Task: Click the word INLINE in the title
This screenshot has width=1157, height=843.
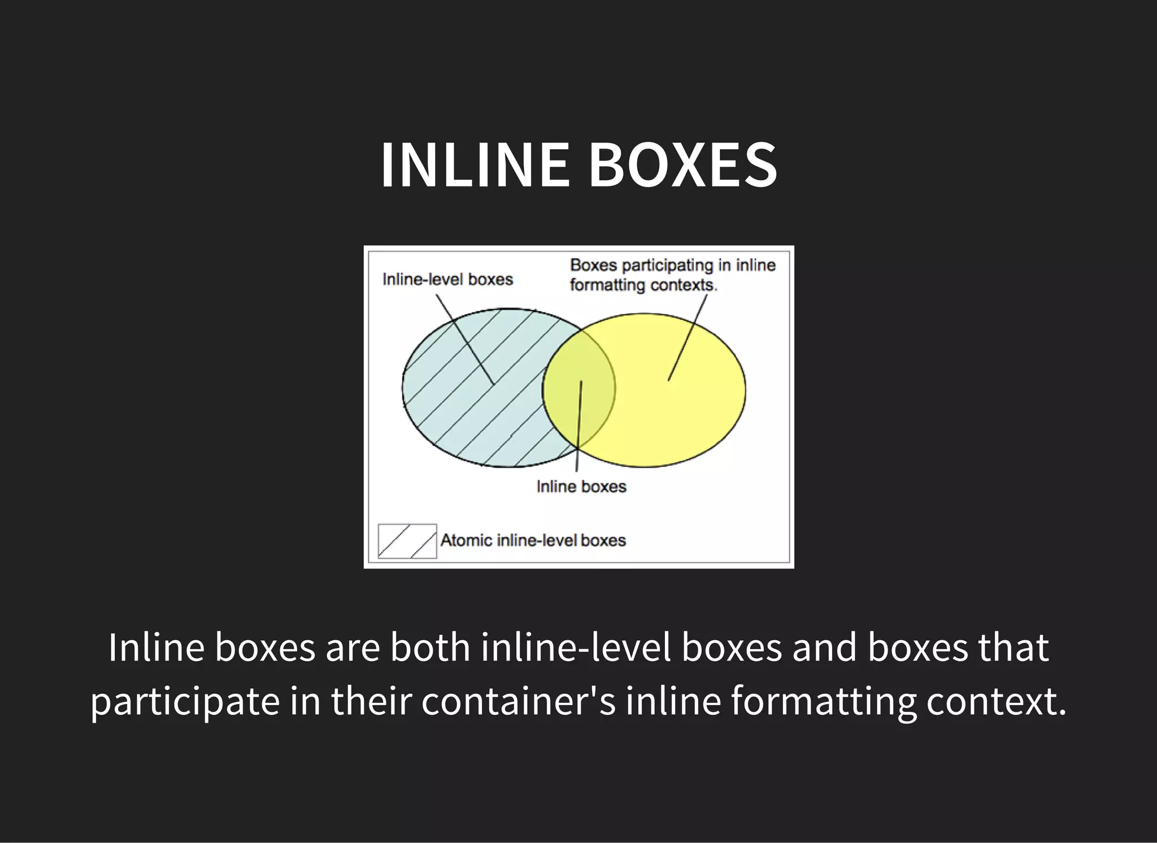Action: point(475,164)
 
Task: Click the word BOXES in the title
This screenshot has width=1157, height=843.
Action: point(683,164)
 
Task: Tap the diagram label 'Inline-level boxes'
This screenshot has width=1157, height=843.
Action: point(447,280)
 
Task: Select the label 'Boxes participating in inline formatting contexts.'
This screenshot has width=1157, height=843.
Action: point(672,275)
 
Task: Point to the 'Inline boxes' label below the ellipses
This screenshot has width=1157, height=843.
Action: point(581,486)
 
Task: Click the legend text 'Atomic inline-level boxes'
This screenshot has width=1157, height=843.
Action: point(533,541)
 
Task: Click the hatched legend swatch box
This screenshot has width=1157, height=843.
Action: point(407,541)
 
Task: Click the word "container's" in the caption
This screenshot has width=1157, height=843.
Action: point(518,701)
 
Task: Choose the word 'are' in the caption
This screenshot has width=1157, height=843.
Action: point(353,648)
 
